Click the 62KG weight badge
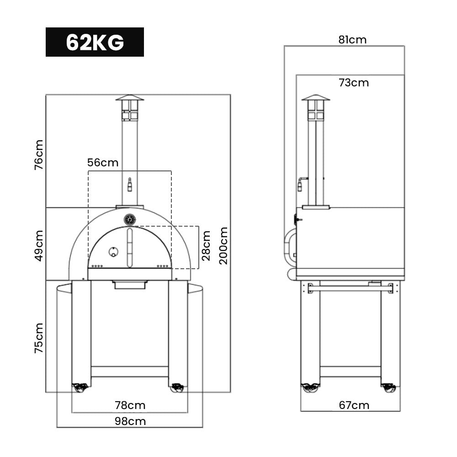(95, 42)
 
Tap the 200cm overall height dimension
(223, 245)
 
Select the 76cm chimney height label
(39, 155)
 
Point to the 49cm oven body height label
(39, 245)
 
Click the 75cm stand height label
(39, 338)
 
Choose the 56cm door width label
(103, 163)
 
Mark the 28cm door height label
(207, 245)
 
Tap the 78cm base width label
(130, 405)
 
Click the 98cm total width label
(130, 421)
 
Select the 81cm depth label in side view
(352, 40)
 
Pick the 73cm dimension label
(354, 83)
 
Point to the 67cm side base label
(354, 405)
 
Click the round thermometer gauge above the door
(130, 220)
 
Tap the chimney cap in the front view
(130, 97)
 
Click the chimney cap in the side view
(315, 97)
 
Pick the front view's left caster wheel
(80, 388)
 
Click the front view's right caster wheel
(177, 388)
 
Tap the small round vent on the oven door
(112, 251)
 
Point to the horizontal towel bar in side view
(350, 288)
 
